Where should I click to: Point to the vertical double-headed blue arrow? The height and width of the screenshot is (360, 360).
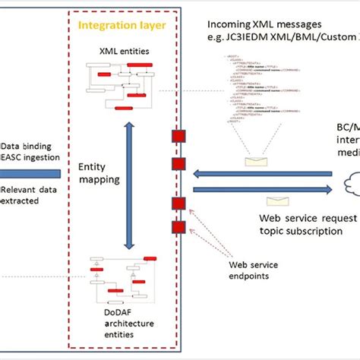[130, 197]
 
